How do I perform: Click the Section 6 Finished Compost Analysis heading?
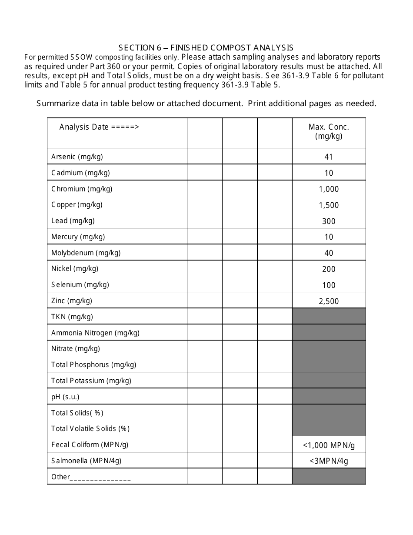(206, 48)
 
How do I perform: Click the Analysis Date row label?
(99, 127)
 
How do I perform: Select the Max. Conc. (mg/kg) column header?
(329, 131)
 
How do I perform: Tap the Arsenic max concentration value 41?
(329, 157)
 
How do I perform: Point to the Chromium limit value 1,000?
(329, 189)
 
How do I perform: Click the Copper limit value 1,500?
(329, 205)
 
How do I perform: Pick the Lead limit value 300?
(329, 221)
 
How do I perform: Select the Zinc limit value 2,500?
(329, 301)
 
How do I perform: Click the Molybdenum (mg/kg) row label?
(86, 253)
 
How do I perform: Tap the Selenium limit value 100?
(329, 285)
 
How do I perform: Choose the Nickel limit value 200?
(329, 269)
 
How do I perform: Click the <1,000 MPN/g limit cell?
(329, 445)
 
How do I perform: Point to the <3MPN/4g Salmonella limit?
(329, 461)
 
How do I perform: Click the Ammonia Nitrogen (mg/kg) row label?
(95, 333)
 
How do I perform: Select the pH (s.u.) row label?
(65, 397)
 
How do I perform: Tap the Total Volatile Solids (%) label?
(90, 428)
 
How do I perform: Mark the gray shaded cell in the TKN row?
(329, 316)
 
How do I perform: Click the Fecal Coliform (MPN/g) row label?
(90, 445)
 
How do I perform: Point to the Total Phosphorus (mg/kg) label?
(93, 364)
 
